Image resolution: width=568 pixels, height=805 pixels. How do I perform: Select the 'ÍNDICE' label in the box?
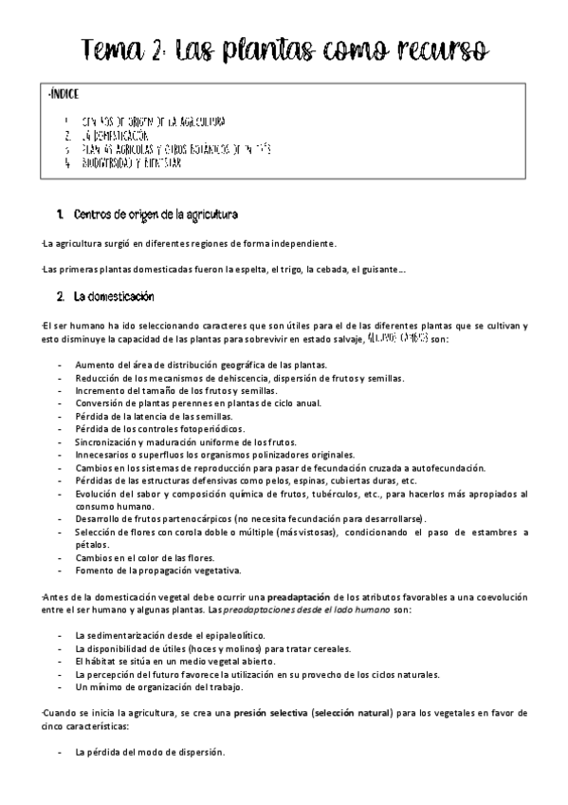tap(63, 95)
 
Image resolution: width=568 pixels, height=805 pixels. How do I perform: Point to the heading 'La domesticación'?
tap(113, 298)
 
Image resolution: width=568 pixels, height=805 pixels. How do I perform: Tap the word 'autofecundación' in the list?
tap(439, 468)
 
